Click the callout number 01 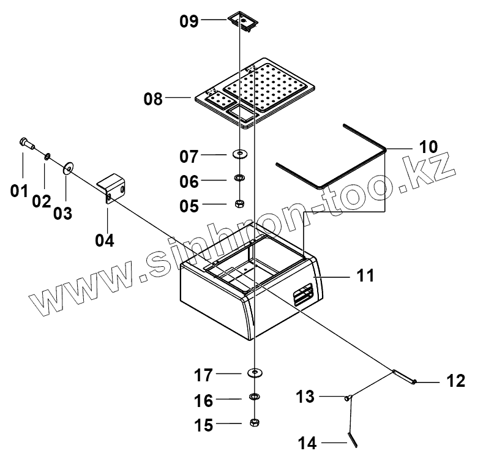pyautogui.click(x=19, y=191)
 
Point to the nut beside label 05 pyautogui.click(x=241, y=204)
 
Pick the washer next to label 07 pyautogui.click(x=241, y=153)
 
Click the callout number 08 pyautogui.click(x=154, y=98)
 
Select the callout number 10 pyautogui.click(x=428, y=147)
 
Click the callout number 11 pyautogui.click(x=365, y=277)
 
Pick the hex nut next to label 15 pyautogui.click(x=254, y=423)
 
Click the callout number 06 pyautogui.click(x=189, y=182)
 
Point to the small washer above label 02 pyautogui.click(x=47, y=157)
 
